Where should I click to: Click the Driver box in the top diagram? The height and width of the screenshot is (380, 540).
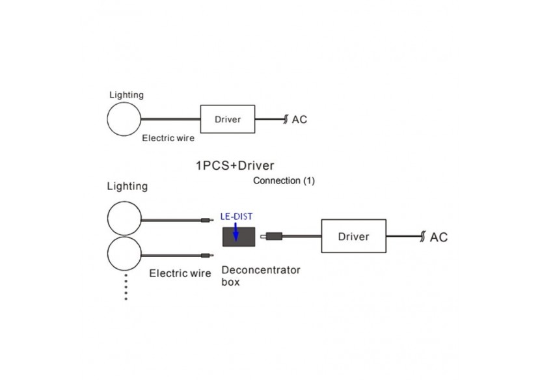pos(228,119)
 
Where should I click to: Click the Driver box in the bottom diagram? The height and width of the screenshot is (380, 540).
pos(353,236)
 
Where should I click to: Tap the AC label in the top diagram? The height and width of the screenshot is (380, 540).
pos(299,120)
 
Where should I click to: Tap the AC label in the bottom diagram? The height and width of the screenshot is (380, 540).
pos(439,237)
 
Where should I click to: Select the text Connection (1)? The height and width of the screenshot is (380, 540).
pos(284,181)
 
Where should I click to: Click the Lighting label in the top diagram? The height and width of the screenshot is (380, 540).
pos(126,95)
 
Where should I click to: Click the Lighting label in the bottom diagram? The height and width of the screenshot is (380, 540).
pos(128,187)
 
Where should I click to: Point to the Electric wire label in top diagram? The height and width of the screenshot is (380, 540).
pos(169,138)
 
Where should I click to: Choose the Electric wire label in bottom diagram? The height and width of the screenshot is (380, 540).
pos(180,273)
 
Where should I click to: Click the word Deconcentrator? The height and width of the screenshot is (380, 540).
pos(261,270)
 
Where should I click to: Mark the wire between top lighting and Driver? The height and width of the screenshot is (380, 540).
pos(171,119)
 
